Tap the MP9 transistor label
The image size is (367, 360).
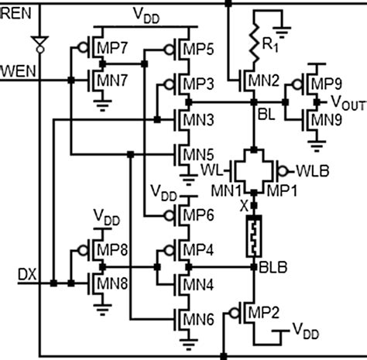(326, 82)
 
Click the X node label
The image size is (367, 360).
(245, 207)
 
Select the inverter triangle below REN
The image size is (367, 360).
(38, 39)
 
